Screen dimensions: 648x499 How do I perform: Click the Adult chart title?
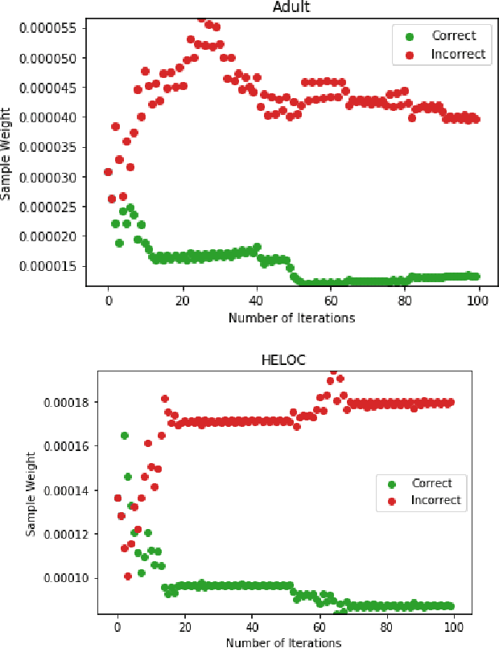pos(291,7)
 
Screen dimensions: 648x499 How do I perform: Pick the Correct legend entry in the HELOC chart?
pos(431,483)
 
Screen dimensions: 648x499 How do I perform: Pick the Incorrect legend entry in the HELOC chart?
pos(435,500)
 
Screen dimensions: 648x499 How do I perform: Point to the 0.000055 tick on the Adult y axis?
pos(47,27)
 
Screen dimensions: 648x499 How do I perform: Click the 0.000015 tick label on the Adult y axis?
pos(47,266)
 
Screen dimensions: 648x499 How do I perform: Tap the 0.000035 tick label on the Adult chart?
pos(47,147)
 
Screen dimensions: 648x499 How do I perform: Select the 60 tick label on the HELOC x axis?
pos(319,627)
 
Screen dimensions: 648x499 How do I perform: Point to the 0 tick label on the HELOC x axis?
pos(118,627)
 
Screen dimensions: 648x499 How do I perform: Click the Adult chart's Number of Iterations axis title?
pos(291,318)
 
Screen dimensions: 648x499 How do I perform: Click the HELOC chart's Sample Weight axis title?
pos(31,494)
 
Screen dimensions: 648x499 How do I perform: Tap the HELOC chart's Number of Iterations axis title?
pos(283,642)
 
